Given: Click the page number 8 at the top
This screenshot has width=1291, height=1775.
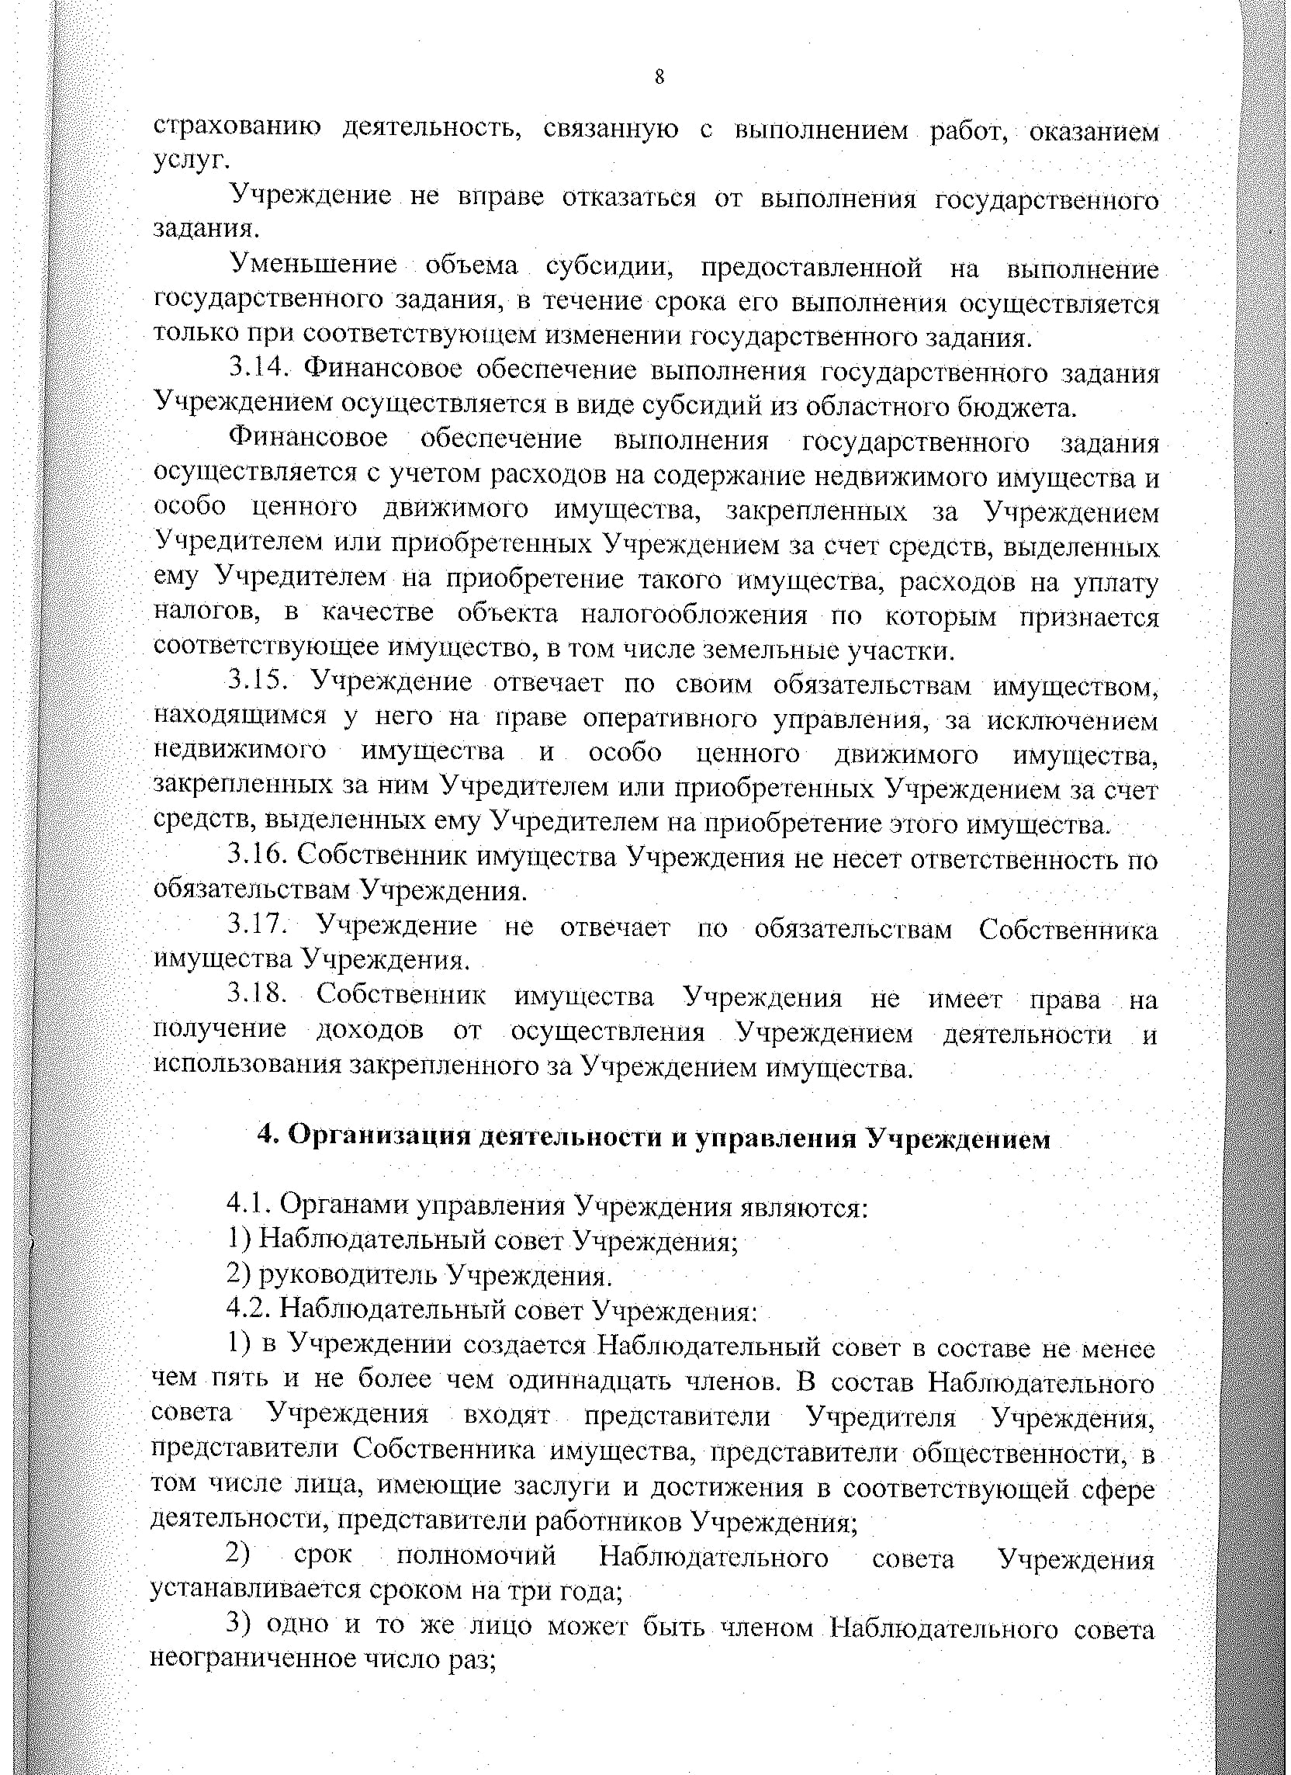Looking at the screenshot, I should tap(659, 78).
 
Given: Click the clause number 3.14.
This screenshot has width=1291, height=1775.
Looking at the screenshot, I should tap(261, 369).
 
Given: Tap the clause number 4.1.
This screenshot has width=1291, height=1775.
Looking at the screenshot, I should tap(248, 1206).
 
